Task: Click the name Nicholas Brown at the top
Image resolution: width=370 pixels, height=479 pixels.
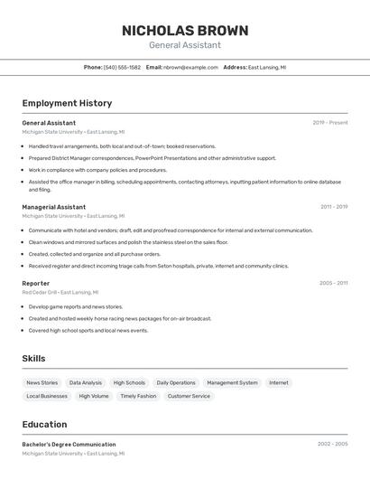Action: [184, 30]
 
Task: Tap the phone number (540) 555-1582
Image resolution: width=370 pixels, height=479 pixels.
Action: [122, 67]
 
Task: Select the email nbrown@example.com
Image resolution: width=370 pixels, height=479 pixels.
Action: [190, 67]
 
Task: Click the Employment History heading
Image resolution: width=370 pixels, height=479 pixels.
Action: [67, 103]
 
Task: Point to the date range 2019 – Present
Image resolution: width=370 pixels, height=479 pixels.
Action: [329, 123]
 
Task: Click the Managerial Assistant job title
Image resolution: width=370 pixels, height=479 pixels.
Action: [54, 207]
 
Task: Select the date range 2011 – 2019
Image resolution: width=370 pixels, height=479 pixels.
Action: [334, 207]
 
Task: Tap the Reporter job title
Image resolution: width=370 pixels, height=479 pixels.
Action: [36, 283]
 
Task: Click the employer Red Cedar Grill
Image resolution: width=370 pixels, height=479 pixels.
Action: [40, 293]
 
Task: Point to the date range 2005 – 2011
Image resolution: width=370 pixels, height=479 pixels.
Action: [333, 283]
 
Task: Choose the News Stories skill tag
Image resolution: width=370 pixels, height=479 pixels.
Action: [42, 382]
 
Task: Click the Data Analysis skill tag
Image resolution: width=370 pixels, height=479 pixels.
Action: [86, 382]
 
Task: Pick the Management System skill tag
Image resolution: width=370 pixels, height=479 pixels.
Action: [232, 382]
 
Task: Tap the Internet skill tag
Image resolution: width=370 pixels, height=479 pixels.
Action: [279, 382]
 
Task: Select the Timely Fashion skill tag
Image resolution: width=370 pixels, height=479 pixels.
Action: [138, 396]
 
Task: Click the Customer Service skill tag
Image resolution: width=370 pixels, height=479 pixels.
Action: [189, 396]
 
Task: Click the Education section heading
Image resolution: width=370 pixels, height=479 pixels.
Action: [44, 424]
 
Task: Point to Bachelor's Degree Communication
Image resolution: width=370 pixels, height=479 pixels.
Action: [69, 445]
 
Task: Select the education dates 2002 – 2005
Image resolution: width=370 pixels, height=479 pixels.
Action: [332, 445]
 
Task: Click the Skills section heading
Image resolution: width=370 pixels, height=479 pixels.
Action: [33, 359]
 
